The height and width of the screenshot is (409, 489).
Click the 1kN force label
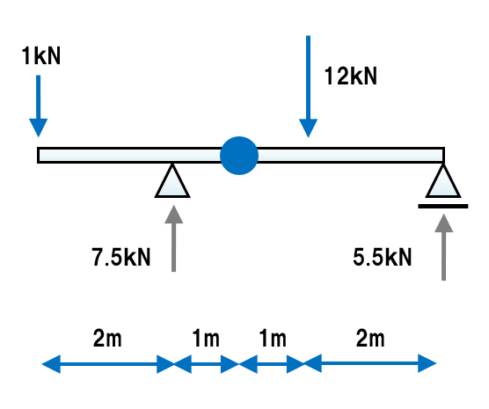tap(40, 56)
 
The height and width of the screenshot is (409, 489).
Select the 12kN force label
tap(351, 77)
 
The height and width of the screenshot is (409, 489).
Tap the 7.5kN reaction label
tap(121, 257)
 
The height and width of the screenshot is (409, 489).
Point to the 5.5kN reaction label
tap(383, 257)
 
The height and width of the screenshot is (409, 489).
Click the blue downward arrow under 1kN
tap(39, 106)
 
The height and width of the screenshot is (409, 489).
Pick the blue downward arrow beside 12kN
tap(308, 86)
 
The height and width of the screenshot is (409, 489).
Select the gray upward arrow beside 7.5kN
tap(174, 238)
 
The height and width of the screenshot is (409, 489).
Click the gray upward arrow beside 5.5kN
tap(443, 247)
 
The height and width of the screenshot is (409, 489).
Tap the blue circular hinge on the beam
tap(239, 156)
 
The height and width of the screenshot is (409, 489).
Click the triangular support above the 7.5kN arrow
tap(172, 181)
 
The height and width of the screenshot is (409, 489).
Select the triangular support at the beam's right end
tap(443, 181)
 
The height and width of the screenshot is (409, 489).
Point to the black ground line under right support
tap(443, 206)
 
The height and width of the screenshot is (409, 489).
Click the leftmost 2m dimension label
tap(107, 338)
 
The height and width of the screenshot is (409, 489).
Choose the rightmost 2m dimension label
tap(370, 338)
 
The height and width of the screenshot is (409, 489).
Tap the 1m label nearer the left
tap(206, 338)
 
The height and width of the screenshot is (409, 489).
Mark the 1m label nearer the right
tap(273, 338)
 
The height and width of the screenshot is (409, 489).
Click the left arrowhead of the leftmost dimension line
tap(51, 364)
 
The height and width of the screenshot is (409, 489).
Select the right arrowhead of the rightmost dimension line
tap(427, 363)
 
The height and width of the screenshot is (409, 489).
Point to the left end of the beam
tap(38, 155)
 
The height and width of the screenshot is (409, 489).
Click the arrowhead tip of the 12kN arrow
tap(308, 137)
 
